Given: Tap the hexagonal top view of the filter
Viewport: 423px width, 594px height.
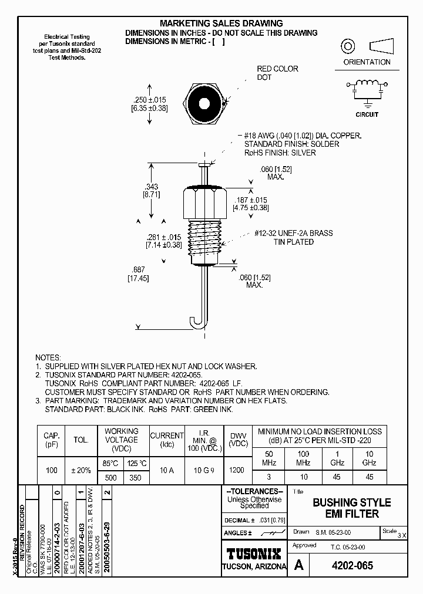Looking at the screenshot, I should pyautogui.click(x=204, y=104).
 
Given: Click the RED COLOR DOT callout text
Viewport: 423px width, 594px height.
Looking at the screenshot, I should pyautogui.click(x=277, y=73).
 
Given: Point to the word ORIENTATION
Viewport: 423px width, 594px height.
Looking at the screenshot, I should pyautogui.click(x=367, y=62).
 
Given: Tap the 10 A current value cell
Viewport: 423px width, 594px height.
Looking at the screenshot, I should pyautogui.click(x=167, y=470).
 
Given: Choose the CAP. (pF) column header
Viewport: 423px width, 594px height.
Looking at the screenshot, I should pyautogui.click(x=51, y=440).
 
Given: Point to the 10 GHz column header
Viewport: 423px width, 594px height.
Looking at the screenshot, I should pyautogui.click(x=369, y=458).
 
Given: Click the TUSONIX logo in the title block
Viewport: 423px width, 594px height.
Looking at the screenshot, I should pyautogui.click(x=254, y=553).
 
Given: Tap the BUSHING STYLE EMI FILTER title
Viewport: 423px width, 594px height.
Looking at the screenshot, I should pyautogui.click(x=351, y=508).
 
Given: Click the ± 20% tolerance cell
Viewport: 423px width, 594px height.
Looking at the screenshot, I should pyautogui.click(x=80, y=470).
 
